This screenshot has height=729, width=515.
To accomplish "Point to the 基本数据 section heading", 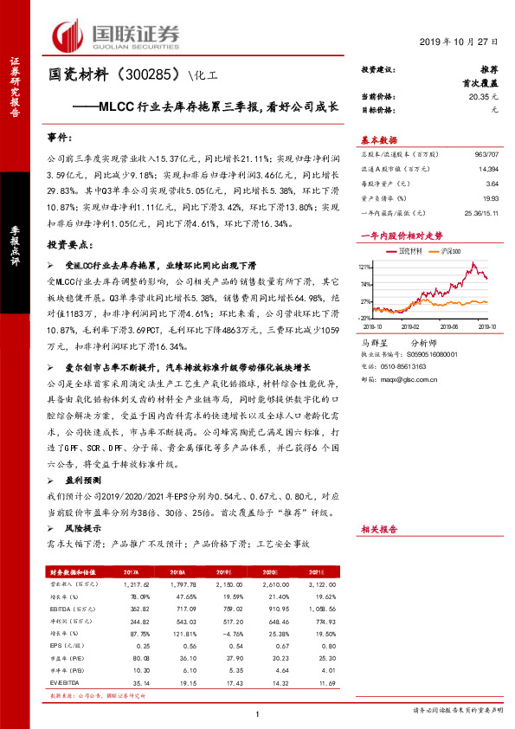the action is pyautogui.click(x=379, y=140).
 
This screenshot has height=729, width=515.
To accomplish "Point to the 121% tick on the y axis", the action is pyautogui.click(x=365, y=266).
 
